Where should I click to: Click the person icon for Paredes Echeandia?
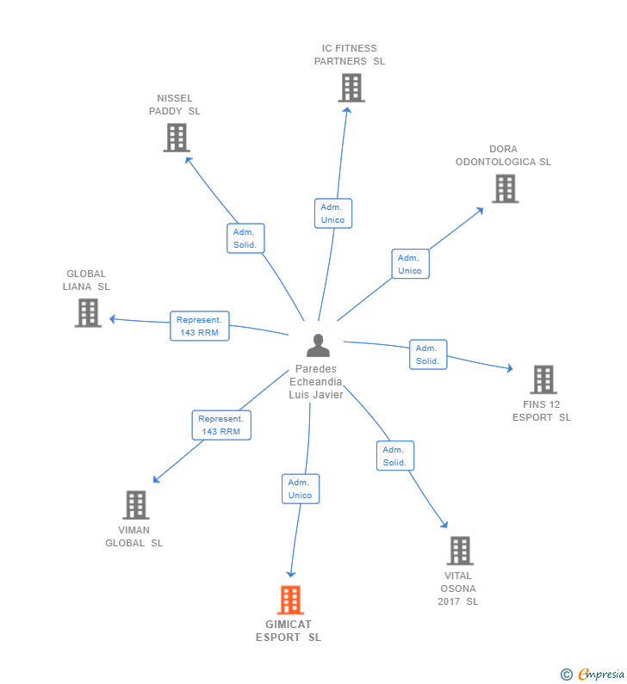[318, 346]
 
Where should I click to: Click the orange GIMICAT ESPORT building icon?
[290, 600]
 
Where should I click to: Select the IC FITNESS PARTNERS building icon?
[351, 88]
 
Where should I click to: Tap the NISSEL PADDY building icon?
[176, 138]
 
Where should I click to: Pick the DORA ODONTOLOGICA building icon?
[505, 188]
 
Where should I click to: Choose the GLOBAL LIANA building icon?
[88, 312]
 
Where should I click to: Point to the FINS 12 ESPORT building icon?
[543, 379]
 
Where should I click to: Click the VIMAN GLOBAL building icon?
[135, 505]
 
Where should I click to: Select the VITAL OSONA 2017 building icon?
[460, 551]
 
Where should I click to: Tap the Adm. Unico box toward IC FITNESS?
[332, 213]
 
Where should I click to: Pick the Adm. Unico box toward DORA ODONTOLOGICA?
[410, 264]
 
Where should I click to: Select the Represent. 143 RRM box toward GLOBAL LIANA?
[200, 326]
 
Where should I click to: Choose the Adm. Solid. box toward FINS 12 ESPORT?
[428, 354]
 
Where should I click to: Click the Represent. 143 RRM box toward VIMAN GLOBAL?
[221, 425]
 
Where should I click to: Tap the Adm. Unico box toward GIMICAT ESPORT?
[301, 489]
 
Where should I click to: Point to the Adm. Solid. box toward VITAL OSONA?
[394, 456]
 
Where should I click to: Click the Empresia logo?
[593, 674]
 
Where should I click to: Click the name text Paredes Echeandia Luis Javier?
[316, 382]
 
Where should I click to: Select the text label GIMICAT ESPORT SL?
[289, 631]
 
